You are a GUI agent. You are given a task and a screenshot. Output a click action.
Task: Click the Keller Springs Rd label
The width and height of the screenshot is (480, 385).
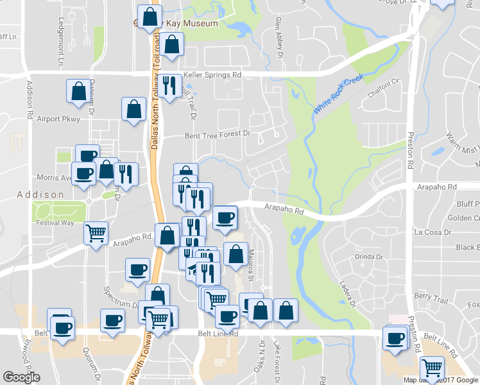point(212,75)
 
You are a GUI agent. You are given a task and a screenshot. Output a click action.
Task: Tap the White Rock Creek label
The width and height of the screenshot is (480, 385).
point(338,94)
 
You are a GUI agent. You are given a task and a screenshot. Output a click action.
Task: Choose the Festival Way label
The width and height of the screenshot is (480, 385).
point(55,223)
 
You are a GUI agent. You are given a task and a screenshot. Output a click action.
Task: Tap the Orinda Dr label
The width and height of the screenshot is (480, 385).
point(368,257)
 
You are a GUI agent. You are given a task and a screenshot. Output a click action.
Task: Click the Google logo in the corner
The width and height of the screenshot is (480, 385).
point(21,377)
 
